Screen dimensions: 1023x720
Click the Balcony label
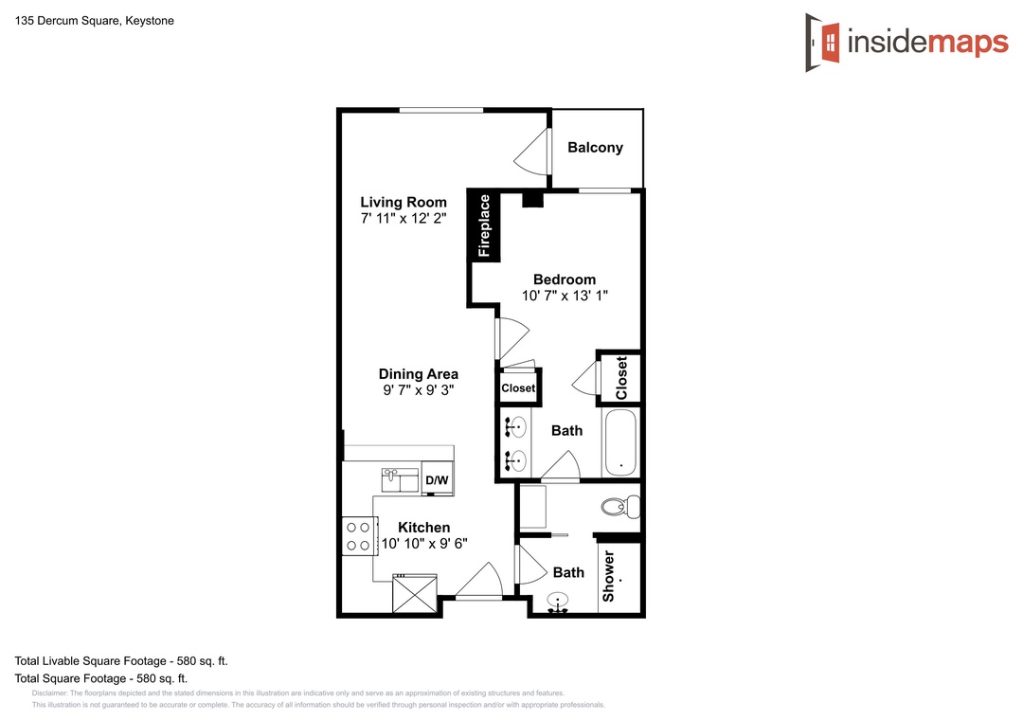point(595,148)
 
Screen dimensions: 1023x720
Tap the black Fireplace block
point(484,225)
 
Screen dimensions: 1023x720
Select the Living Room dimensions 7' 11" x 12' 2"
point(404,219)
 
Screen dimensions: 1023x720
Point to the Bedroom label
point(565,279)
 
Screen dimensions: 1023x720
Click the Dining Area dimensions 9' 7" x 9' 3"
point(419,390)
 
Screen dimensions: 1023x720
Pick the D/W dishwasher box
point(437,479)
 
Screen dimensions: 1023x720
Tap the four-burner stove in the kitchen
point(359,536)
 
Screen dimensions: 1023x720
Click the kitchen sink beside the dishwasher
point(400,479)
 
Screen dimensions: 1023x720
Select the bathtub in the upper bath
point(619,442)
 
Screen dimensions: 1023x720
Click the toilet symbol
point(620,507)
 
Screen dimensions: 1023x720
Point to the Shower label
point(609,576)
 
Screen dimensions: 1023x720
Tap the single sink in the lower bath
point(557,603)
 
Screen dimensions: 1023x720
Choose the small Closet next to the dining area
point(519,387)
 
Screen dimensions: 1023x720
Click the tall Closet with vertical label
point(620,377)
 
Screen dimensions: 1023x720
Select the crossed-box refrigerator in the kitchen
point(415,593)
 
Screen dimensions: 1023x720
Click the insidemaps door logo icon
point(822,43)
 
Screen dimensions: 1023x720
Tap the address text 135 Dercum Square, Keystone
point(95,21)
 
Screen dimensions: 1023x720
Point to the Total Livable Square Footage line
point(121,661)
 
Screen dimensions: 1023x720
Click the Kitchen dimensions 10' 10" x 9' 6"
point(424,544)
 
